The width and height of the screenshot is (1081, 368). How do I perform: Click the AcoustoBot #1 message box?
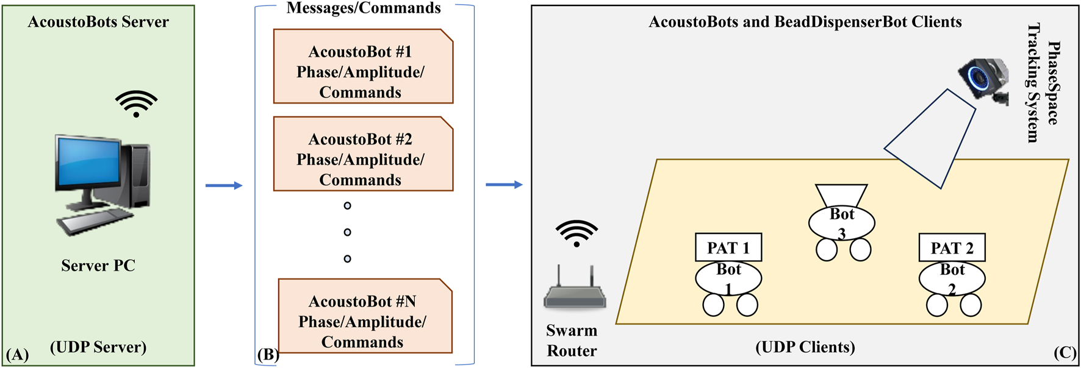(363, 66)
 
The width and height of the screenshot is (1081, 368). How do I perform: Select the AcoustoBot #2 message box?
(363, 154)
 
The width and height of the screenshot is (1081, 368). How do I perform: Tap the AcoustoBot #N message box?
(365, 316)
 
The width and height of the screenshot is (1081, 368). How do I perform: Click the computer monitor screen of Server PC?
(89, 162)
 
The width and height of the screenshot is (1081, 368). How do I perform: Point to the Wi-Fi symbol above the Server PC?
(136, 104)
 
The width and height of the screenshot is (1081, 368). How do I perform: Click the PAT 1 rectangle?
(728, 247)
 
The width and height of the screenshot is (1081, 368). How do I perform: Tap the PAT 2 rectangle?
(952, 247)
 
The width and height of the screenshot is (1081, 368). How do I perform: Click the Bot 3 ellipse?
(842, 223)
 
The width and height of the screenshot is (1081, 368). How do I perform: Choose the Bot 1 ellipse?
(728, 278)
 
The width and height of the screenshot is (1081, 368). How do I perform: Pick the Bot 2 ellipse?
(952, 278)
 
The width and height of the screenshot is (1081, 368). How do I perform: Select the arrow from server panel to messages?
(224, 185)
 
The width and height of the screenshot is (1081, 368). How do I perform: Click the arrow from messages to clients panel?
(504, 185)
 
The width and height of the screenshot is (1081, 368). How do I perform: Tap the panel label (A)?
(17, 355)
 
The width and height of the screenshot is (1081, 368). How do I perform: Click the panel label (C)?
(1065, 353)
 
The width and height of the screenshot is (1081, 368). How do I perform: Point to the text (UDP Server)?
(98, 347)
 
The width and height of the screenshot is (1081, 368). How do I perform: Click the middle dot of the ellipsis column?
(347, 232)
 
